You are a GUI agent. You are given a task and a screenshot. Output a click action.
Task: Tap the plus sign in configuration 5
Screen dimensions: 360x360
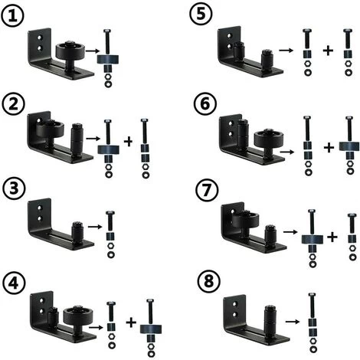328,51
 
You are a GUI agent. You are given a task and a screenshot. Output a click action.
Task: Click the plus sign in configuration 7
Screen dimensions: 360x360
332,237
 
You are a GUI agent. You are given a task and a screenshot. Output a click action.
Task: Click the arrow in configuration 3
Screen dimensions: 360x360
93,227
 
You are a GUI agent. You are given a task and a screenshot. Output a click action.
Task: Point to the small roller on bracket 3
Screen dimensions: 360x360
77,230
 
